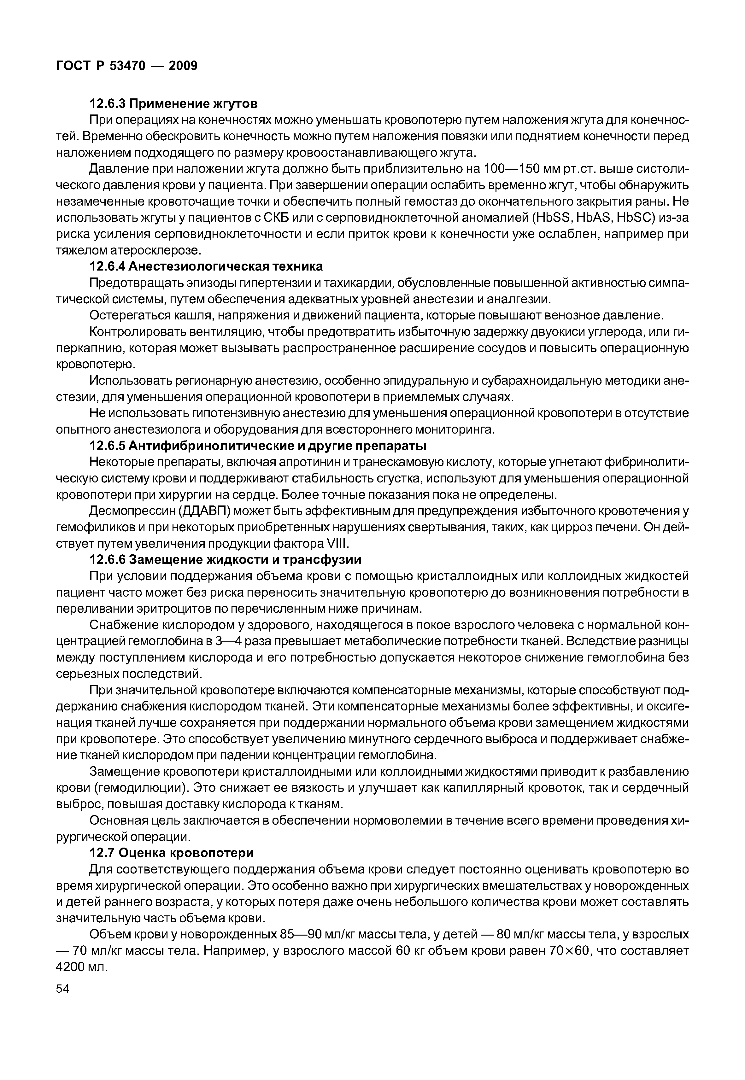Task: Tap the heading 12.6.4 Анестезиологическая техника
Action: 206,266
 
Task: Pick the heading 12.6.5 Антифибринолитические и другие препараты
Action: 258,446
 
